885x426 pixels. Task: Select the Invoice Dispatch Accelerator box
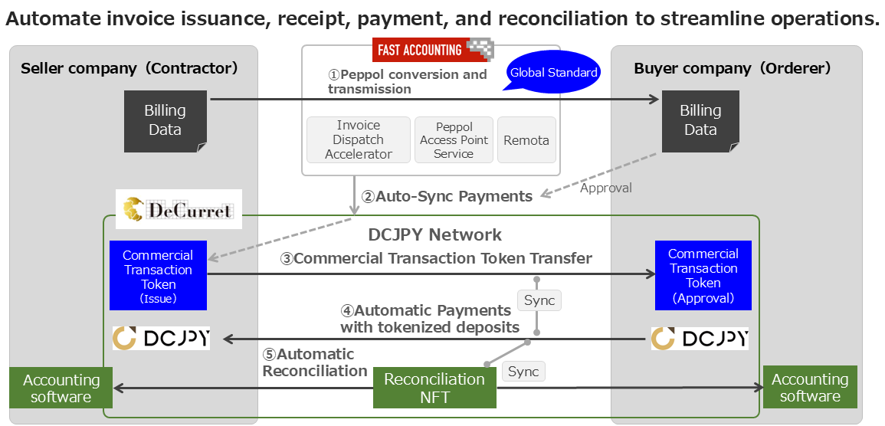(x=359, y=139)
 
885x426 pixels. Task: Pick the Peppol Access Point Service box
(x=454, y=139)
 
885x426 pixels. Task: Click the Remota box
(x=526, y=139)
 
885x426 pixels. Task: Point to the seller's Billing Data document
(x=166, y=121)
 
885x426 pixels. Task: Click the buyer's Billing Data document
(x=700, y=121)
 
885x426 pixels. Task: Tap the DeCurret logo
(x=179, y=208)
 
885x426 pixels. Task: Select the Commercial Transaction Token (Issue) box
(x=158, y=275)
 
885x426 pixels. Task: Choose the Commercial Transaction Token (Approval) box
(x=703, y=275)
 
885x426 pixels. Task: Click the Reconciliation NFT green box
(x=434, y=388)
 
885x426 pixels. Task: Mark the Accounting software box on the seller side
(x=61, y=388)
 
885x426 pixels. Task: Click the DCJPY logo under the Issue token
(x=161, y=338)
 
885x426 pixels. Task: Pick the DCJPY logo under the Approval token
(x=700, y=338)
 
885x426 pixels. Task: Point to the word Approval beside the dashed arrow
(x=605, y=188)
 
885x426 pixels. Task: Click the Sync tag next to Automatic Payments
(x=539, y=300)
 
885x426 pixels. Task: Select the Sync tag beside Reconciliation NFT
(x=524, y=372)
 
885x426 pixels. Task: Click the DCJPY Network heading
(x=434, y=234)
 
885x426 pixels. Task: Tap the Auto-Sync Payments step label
(x=447, y=196)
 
